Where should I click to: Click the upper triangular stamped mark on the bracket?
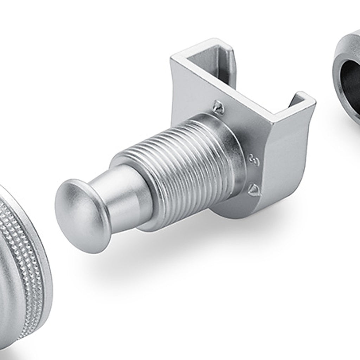point(218,107)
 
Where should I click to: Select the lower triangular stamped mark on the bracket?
point(255,189)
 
